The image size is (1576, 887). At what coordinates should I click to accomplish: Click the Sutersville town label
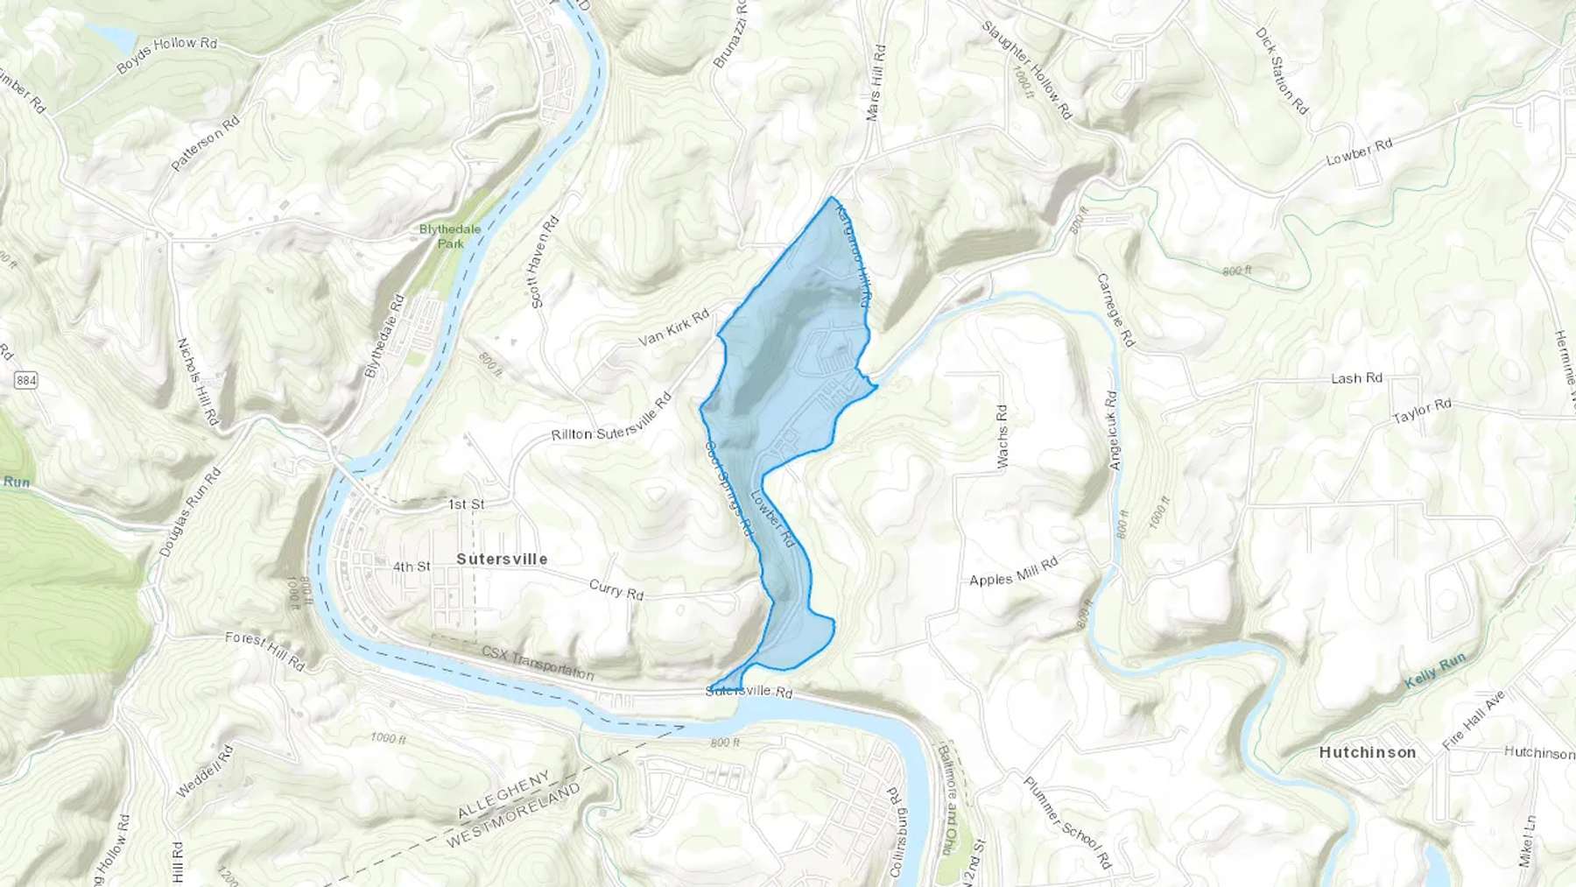point(502,559)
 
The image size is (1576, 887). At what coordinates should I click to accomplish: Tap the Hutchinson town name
point(1368,752)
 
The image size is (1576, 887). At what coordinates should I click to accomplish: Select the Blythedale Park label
point(450,236)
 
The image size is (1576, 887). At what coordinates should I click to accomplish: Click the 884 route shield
point(26,380)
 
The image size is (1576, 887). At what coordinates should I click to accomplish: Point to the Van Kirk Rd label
point(673,327)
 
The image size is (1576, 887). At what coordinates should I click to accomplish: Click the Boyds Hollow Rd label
point(166,54)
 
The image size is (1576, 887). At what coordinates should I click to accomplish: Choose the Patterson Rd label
point(205,144)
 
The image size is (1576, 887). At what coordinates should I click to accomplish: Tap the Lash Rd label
point(1356,378)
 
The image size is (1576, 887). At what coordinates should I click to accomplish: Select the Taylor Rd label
point(1422,411)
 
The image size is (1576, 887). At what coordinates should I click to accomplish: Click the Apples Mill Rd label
point(1014,572)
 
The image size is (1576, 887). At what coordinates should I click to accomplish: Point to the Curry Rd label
point(616,589)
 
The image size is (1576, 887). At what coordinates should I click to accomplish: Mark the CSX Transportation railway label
point(538,663)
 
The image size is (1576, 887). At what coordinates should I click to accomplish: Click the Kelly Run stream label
point(1435,670)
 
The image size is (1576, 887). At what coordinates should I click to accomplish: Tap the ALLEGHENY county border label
point(503,793)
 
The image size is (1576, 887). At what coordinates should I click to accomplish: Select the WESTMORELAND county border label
point(513,815)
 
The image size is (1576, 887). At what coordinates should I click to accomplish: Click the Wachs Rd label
point(1003,435)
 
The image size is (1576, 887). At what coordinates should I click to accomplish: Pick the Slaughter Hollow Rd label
point(1026,69)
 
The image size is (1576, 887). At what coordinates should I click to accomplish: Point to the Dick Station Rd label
point(1282,71)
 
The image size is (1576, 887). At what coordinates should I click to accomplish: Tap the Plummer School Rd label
point(1067,822)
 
